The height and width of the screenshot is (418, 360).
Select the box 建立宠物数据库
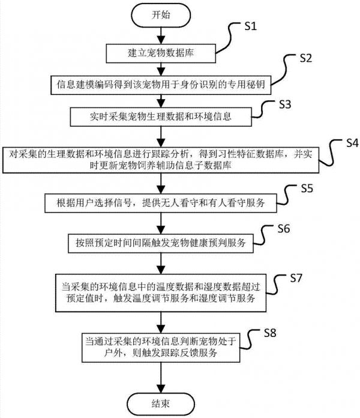pyautogui.click(x=159, y=54)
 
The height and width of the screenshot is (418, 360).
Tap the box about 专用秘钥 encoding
pyautogui.click(x=159, y=84)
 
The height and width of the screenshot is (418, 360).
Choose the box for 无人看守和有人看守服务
pyautogui.click(x=159, y=204)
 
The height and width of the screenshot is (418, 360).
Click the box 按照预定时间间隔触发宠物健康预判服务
pyautogui.click(x=159, y=243)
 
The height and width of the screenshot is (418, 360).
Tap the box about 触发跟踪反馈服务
pyautogui.click(x=159, y=347)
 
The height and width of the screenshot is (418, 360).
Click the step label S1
pyautogui.click(x=251, y=27)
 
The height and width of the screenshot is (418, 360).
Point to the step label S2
pyautogui.click(x=306, y=59)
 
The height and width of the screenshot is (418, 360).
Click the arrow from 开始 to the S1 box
pyautogui.click(x=159, y=35)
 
